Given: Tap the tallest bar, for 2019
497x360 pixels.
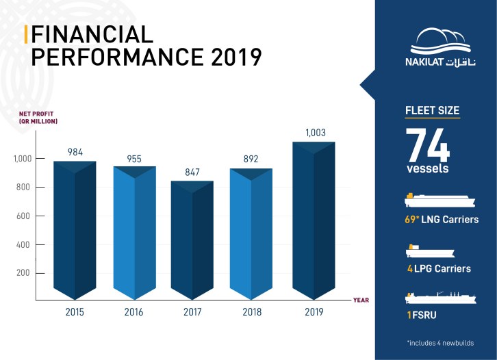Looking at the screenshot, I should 314,219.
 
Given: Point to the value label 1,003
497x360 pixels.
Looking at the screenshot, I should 314,134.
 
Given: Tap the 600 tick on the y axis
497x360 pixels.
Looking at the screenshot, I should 23,216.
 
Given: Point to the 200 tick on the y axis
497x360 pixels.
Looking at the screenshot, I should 23,273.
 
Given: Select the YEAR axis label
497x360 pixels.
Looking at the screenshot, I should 361,300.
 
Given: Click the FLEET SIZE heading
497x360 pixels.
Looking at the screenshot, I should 432,110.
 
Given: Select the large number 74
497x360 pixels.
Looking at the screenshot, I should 427,144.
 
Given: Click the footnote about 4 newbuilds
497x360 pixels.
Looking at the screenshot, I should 439,342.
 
